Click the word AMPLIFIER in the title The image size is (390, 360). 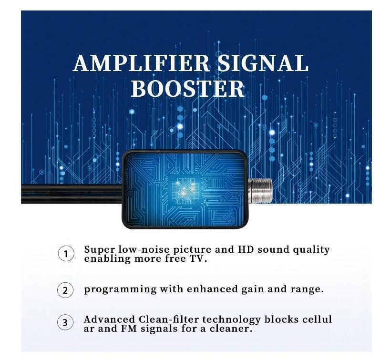[x=141, y=63]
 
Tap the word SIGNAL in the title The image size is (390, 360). [x=263, y=63]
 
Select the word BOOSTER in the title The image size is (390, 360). [x=188, y=89]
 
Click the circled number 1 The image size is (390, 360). [x=66, y=254]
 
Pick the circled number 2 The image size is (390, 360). [x=65, y=290]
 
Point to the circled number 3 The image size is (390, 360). [x=65, y=322]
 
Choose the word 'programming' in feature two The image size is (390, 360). [x=120, y=290]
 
